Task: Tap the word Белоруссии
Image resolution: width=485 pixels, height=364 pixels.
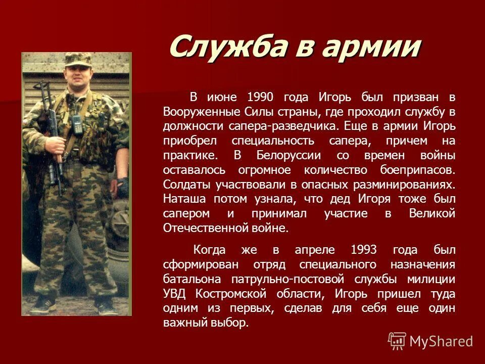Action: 285,155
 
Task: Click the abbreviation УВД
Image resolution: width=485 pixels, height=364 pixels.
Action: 174,294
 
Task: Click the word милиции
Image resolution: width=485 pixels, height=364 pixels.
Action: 432,279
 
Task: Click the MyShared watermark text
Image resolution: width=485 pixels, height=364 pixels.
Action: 441,341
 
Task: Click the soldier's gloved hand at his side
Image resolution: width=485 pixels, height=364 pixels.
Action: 123,183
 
